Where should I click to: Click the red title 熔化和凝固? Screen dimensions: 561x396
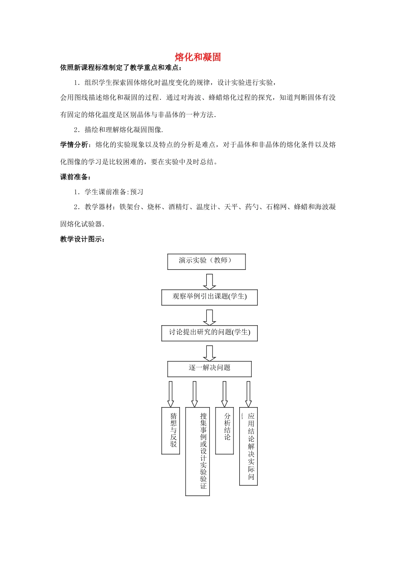pyautogui.click(x=198, y=57)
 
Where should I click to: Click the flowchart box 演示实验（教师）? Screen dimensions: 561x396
pyautogui.click(x=206, y=261)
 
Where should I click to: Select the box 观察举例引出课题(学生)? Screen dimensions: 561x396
pyautogui.click(x=209, y=297)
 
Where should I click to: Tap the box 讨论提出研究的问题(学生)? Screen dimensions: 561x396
pyautogui.click(x=209, y=333)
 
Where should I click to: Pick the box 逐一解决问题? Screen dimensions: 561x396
pyautogui.click(x=209, y=369)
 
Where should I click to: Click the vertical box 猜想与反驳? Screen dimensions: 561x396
pyautogui.click(x=171, y=430)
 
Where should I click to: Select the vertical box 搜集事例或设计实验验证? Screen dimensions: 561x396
pyautogui.click(x=198, y=451)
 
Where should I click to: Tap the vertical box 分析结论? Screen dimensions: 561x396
pyautogui.click(x=225, y=430)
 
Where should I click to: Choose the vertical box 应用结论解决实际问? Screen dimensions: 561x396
pyautogui.click(x=248, y=446)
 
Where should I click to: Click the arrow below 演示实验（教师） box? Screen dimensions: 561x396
pyautogui.click(x=209, y=281)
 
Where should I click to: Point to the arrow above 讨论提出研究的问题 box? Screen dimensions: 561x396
pyautogui.click(x=209, y=317)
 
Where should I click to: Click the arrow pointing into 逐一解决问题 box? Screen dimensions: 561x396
pyautogui.click(x=209, y=353)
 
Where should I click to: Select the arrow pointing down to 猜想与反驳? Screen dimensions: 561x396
pyautogui.click(x=170, y=394)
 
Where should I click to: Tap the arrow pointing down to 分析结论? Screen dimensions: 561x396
pyautogui.click(x=225, y=394)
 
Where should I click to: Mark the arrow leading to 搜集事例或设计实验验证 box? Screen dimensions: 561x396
pyautogui.click(x=195, y=394)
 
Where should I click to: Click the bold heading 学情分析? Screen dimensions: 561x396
pyautogui.click(x=74, y=145)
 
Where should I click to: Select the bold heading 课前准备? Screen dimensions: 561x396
pyautogui.click(x=74, y=177)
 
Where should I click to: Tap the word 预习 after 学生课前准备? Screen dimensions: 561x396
pyautogui.click(x=137, y=192)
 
